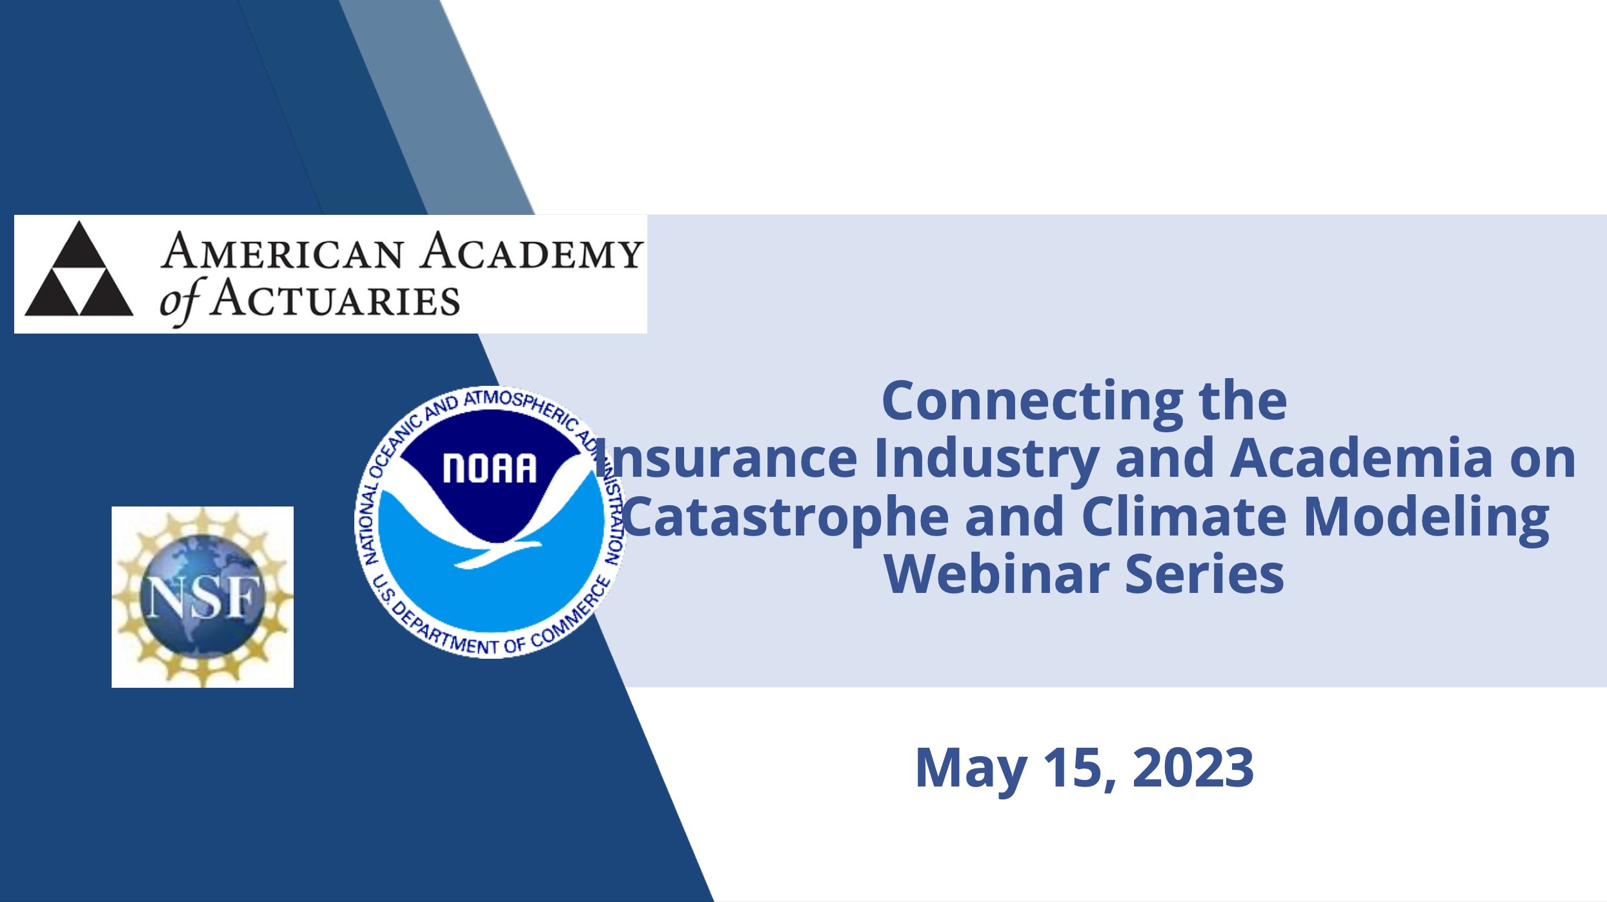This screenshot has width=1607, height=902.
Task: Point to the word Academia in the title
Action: (x=1362, y=457)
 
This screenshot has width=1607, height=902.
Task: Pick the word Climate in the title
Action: (x=1184, y=516)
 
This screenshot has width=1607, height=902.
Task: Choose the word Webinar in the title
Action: (x=996, y=574)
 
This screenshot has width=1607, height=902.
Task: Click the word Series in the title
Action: (x=1205, y=574)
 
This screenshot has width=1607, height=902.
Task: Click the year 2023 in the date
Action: (x=1193, y=768)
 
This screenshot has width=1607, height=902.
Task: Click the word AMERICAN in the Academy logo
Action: (x=283, y=252)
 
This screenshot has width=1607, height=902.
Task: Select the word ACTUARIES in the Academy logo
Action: (x=335, y=299)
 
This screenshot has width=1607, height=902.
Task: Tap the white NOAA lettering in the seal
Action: (x=490, y=468)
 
